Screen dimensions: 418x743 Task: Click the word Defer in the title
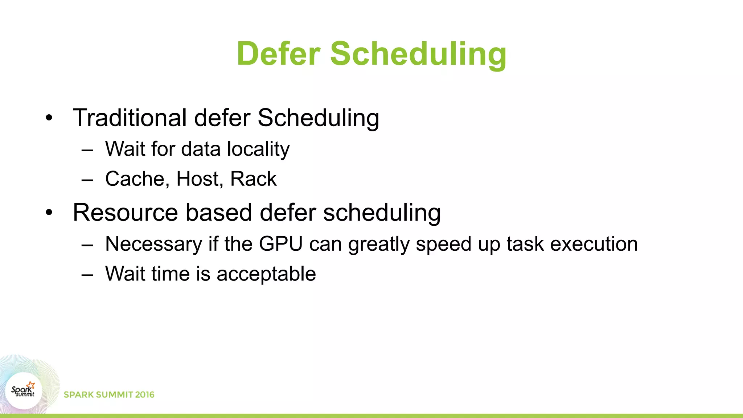(x=279, y=54)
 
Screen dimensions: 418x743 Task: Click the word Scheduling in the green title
(x=418, y=54)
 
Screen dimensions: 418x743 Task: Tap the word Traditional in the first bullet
(x=130, y=118)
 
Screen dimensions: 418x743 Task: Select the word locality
(x=258, y=149)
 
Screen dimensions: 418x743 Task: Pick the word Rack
(x=253, y=179)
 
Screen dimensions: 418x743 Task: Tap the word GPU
(x=281, y=244)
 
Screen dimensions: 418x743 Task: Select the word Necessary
(x=153, y=244)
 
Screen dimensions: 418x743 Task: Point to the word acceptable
(x=266, y=274)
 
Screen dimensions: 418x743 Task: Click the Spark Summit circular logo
(x=24, y=391)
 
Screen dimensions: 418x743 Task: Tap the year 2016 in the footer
(x=144, y=395)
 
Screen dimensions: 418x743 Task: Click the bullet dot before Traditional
(x=49, y=118)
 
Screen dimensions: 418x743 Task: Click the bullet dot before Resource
(x=49, y=213)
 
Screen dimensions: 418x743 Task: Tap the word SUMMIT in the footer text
(x=115, y=395)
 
